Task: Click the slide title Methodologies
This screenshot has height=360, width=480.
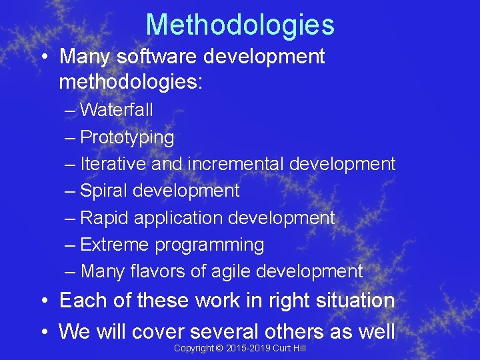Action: tap(240, 25)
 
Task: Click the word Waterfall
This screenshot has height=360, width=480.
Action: tap(117, 109)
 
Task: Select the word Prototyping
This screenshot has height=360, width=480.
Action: tap(127, 137)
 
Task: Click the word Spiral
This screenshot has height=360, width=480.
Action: tap(104, 191)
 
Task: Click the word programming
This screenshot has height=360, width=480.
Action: tap(209, 245)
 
